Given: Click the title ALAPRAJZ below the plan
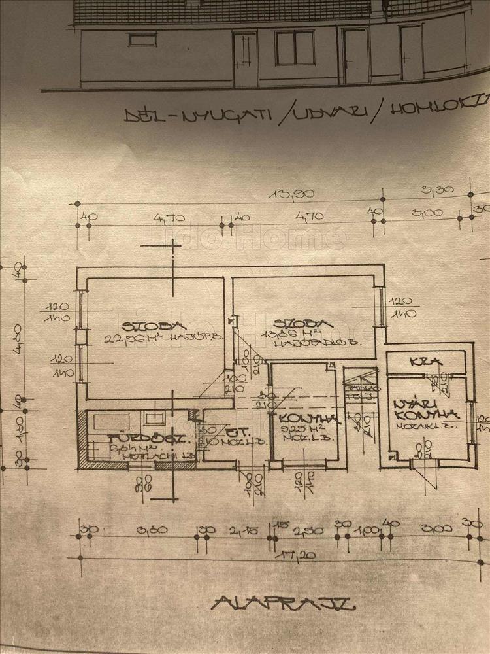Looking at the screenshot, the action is tap(283, 602).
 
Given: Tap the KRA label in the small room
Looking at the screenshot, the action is tap(418, 362).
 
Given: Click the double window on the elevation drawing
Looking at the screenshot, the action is tap(295, 48).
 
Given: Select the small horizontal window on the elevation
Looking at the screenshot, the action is tap(142, 39).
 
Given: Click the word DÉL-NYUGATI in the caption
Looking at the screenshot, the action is tap(197, 115).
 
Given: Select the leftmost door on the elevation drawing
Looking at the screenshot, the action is tap(246, 59).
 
